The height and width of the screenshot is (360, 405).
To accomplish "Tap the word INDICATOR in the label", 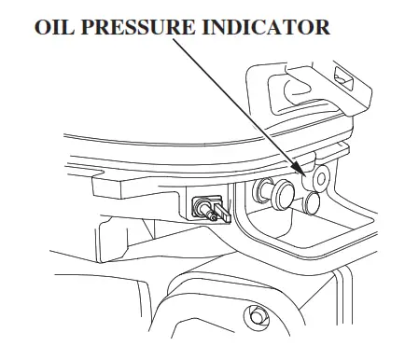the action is tap(270, 25).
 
